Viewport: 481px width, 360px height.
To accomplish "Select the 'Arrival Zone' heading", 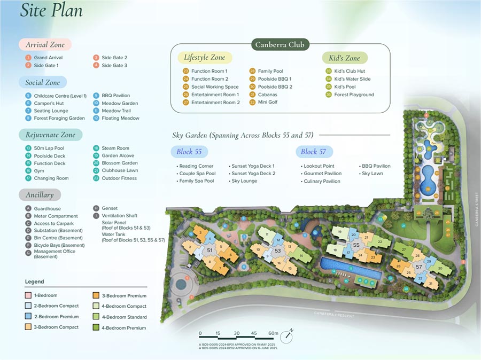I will point(45,45).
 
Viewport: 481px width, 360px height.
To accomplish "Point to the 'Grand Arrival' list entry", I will point(48,58).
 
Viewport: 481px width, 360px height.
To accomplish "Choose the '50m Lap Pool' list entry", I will point(49,148).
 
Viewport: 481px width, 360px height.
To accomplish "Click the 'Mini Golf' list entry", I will point(267,103).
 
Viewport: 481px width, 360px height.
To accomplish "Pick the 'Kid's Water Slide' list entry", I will point(352,79).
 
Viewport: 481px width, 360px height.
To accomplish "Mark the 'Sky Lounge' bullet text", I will point(244,181).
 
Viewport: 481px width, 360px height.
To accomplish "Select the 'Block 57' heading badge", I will point(314,152).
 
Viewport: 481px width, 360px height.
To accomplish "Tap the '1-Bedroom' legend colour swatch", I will point(28,295).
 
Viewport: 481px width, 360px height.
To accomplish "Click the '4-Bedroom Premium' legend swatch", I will point(97,328).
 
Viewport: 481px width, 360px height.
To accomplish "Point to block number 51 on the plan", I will point(210,250).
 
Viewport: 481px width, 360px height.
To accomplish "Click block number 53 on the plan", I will point(277,251).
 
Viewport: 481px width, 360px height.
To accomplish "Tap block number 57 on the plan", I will point(419,266).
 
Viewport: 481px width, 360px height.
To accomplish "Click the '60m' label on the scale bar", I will point(273,334).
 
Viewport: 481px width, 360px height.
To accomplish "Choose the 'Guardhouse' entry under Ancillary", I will point(47,209).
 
